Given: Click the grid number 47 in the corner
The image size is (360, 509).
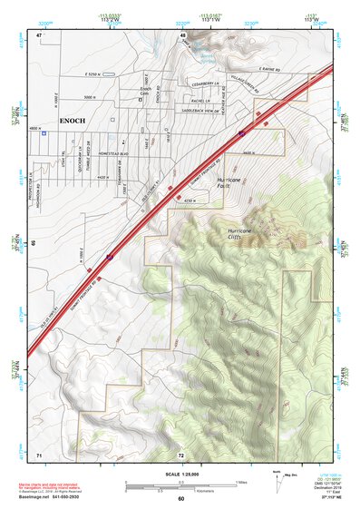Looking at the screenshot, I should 39,34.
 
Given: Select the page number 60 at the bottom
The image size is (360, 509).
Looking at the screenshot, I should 180,498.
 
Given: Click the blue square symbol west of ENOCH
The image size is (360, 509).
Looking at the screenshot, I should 43,132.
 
